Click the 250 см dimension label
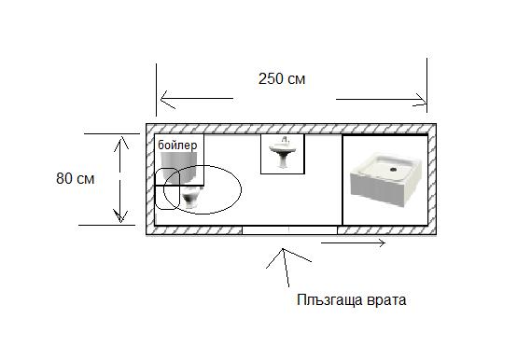pyautogui.click(x=281, y=79)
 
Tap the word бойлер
pyautogui.click(x=178, y=145)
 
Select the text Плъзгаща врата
pyautogui.click(x=351, y=300)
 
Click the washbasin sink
pyautogui.click(x=282, y=154)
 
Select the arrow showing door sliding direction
pyautogui.click(x=353, y=244)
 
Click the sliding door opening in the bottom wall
pyautogui.click(x=289, y=229)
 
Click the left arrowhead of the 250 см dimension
pyautogui.click(x=162, y=96)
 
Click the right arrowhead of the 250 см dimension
pyautogui.click(x=423, y=96)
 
